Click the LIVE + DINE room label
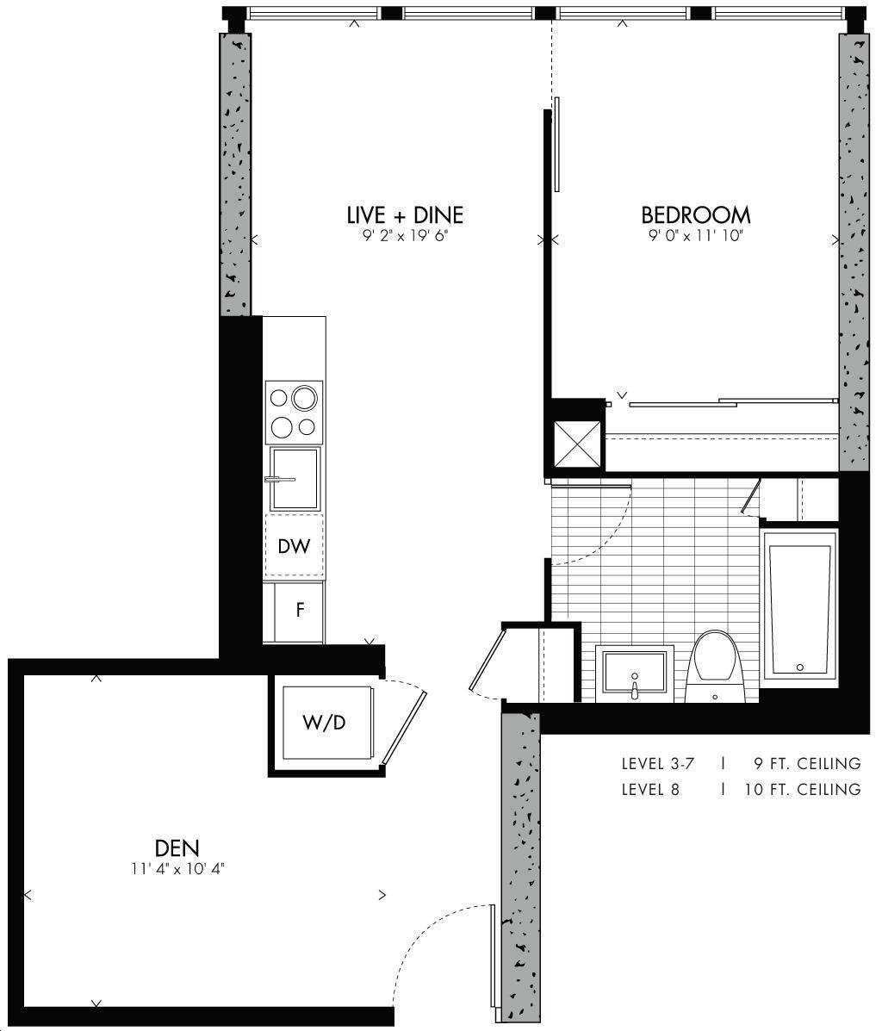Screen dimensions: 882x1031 click(x=405, y=215)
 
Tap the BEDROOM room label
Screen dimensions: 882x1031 click(x=696, y=215)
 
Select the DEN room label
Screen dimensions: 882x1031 click(x=177, y=848)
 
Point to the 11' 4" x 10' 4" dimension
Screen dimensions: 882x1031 click(x=178, y=869)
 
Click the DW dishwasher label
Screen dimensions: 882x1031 click(x=294, y=546)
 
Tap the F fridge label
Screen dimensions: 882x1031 click(x=300, y=610)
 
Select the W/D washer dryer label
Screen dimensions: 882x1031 click(x=324, y=723)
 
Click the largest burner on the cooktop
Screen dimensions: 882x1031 click(x=305, y=398)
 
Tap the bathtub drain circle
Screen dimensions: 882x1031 click(x=800, y=668)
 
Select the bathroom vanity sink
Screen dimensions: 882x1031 click(x=635, y=674)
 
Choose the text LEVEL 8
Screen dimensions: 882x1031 click(x=650, y=789)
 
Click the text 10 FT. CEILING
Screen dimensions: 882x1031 click(x=803, y=789)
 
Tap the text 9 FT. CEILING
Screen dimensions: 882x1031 click(x=808, y=764)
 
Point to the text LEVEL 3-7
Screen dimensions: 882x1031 click(x=658, y=764)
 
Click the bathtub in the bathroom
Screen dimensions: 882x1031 click(x=800, y=607)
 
